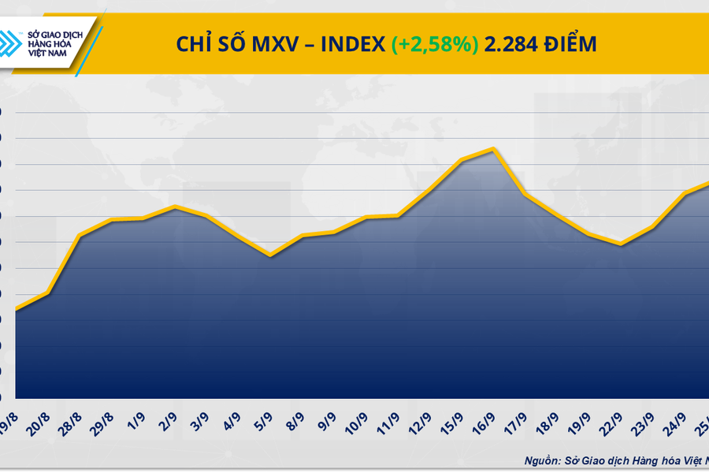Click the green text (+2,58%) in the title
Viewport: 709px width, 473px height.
[434, 45]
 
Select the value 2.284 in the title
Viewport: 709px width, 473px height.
[507, 45]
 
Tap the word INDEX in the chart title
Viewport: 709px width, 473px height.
[354, 45]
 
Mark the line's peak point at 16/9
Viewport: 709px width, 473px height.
[493, 149]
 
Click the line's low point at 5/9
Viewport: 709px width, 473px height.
[271, 255]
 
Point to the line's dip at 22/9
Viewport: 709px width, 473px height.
[622, 244]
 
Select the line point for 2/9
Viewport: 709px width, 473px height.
[175, 207]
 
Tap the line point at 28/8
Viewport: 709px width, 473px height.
[80, 235]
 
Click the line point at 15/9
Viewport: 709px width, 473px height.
[461, 161]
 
